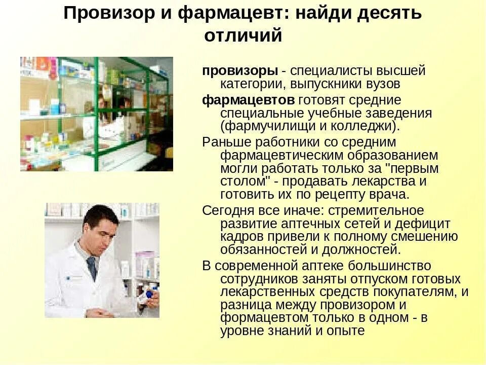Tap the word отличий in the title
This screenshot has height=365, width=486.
243,36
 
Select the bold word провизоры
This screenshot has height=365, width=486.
240,70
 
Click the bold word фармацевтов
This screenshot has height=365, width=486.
248,99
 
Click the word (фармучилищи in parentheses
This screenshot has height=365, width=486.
268,126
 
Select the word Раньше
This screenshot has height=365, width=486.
227,142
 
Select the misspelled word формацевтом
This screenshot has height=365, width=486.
263,317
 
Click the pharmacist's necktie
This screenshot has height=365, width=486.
92,267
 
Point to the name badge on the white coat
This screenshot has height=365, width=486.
74,277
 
